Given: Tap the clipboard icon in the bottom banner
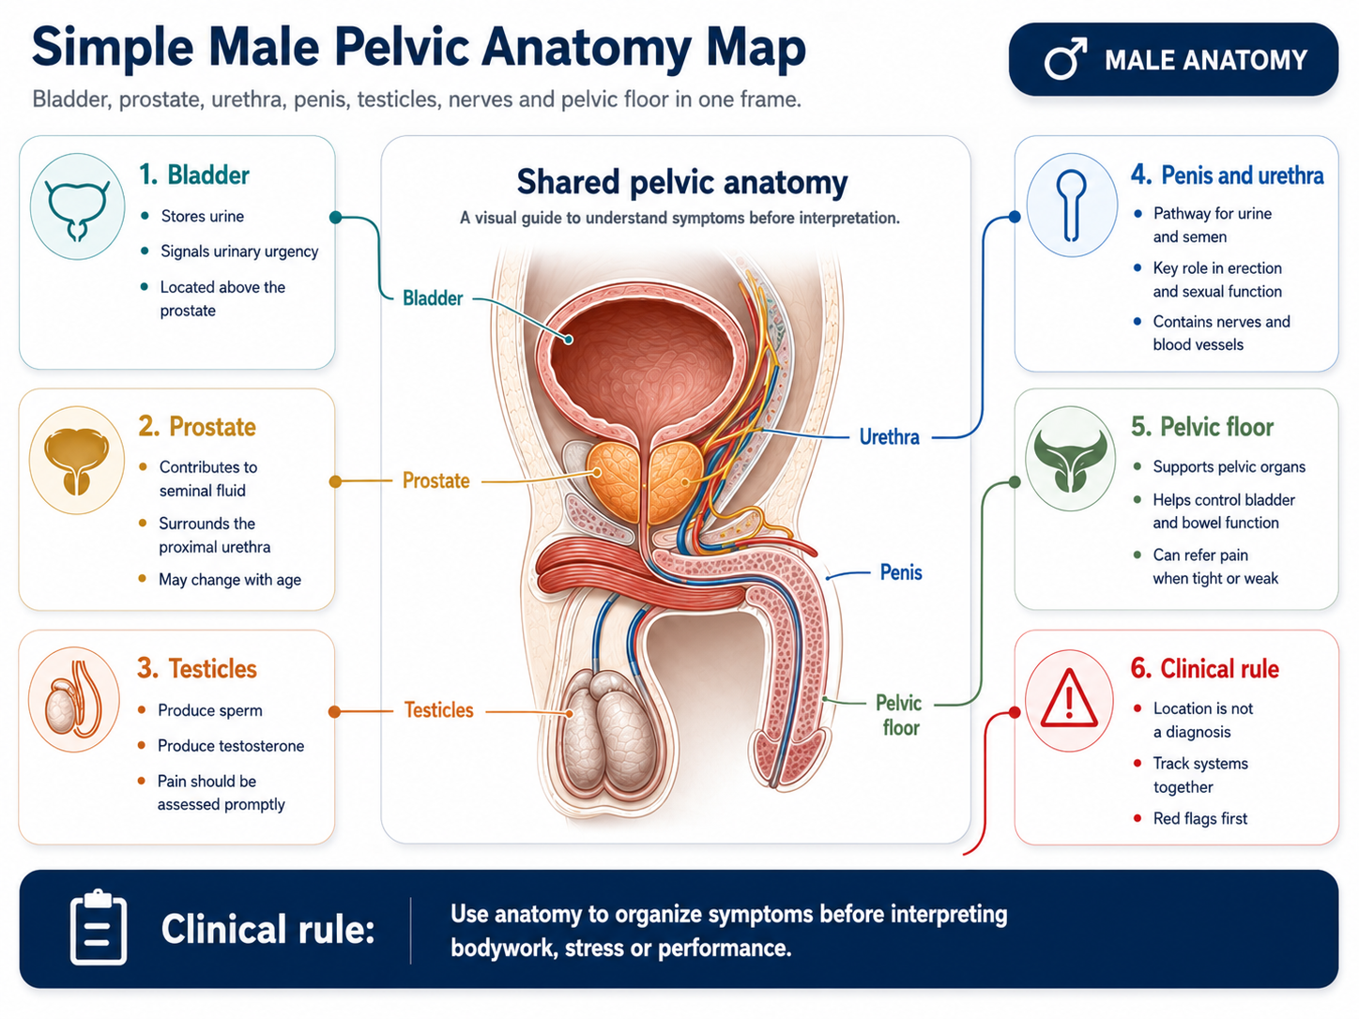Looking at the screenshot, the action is pos(99,927).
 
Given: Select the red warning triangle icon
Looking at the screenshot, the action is pos(1069,699).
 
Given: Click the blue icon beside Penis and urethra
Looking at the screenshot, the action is pos(1072,205).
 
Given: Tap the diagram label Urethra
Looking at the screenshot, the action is pos(889,437).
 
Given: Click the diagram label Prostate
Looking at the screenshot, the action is pos(435,480).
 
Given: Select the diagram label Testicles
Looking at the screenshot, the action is pos(438,710).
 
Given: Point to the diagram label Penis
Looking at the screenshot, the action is pos(901,572).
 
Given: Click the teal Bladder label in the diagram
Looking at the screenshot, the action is pos(433,298).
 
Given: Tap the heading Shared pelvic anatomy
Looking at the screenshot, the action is pos(681,182).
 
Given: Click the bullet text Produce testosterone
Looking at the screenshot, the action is pos(231,746).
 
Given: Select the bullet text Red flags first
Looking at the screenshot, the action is pos(1199,818).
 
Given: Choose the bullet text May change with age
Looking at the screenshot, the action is pos(230,580).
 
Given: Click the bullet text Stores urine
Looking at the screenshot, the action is pos(203,216).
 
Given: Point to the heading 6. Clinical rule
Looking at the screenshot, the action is pos(1205,669).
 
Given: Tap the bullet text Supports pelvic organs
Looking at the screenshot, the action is pos(1229,467).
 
